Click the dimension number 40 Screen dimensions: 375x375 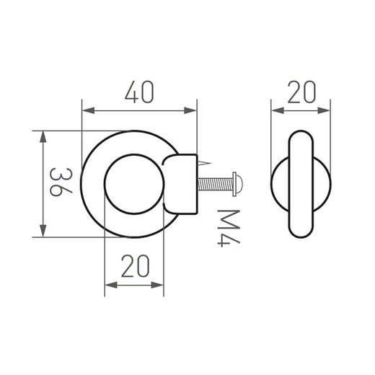139,94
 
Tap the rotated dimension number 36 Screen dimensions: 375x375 62,185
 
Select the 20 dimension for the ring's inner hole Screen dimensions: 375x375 134,268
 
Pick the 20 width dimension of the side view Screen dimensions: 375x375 301,93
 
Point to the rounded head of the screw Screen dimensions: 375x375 240,185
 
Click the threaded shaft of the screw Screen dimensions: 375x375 216,185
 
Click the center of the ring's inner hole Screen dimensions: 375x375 134,185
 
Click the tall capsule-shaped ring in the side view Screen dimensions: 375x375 301,185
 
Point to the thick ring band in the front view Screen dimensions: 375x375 94,185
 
